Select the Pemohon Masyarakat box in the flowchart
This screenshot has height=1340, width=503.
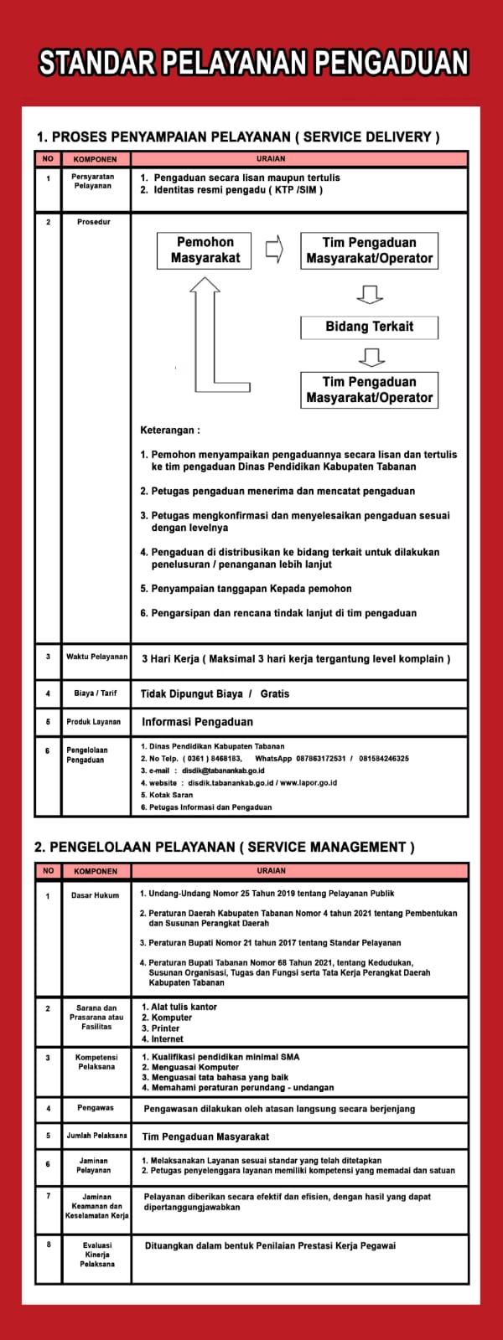coord(205,250)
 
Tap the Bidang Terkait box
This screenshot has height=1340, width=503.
coord(369,327)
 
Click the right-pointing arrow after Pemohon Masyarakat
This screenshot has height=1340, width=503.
coord(274,250)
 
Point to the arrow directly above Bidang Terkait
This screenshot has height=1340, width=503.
coord(369,294)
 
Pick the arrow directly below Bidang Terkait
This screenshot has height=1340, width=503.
coord(369,358)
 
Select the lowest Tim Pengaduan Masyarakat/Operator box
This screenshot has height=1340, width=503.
coord(369,389)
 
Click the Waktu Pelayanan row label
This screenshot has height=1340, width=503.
coord(96,657)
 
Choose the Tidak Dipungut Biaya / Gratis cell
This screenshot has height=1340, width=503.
coord(215,693)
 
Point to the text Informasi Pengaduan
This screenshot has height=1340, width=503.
coord(197,721)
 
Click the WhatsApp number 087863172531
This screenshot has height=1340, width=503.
coord(317,759)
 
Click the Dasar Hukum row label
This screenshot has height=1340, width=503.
coord(96,895)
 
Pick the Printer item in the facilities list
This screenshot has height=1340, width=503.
coord(165,1028)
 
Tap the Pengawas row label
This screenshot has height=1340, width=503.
coord(96,1108)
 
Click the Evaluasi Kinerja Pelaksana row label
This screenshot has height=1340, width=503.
coord(97,1255)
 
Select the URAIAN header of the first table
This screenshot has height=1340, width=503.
coord(272,158)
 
